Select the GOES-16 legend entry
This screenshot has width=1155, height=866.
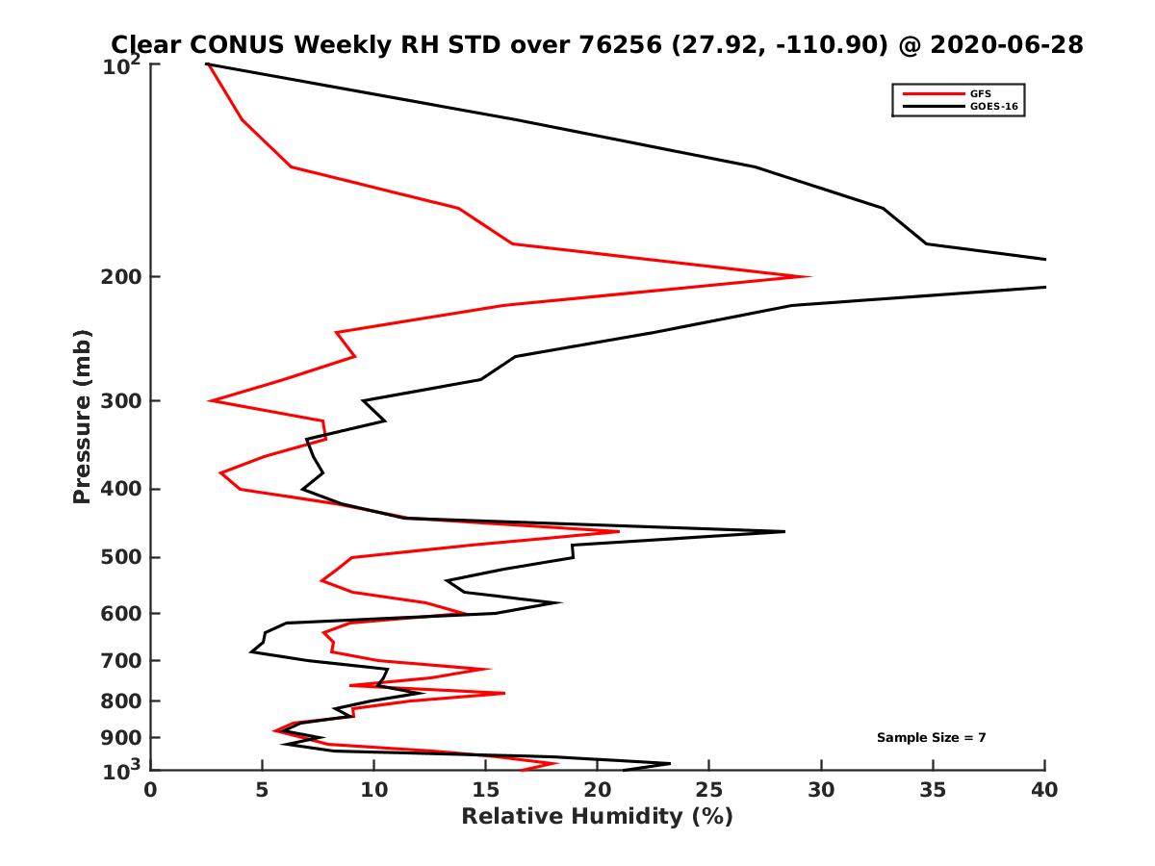[992, 107]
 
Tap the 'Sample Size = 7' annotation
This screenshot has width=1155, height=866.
[931, 738]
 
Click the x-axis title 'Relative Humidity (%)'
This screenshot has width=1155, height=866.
[597, 817]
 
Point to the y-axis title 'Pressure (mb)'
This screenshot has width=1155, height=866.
[82, 416]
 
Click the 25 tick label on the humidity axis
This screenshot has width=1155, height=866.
[709, 790]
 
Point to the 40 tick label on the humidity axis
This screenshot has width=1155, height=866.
[1044, 790]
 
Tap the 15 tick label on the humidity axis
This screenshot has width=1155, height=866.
[486, 790]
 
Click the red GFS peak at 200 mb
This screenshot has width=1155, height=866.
[810, 276]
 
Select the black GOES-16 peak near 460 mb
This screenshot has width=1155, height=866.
[784, 531]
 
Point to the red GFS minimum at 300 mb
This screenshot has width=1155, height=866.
[210, 400]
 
